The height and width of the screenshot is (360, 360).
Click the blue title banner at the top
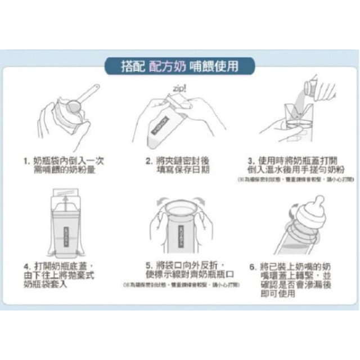[179, 65]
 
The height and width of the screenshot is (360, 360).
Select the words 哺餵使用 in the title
[217, 65]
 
